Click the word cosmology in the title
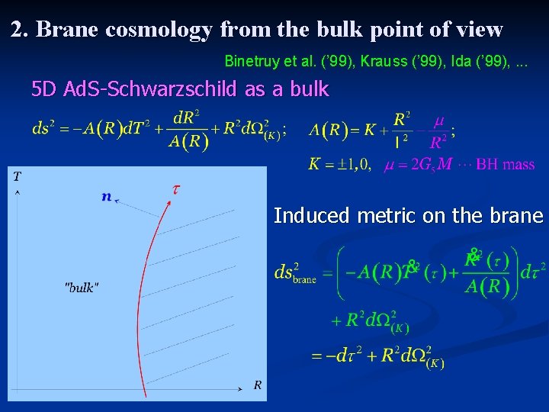click(159, 31)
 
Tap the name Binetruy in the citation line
click(251, 60)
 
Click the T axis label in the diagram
click(17, 177)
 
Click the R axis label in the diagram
click(258, 385)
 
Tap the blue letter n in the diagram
click(106, 197)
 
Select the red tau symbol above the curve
click(175, 187)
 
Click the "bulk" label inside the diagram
click(82, 288)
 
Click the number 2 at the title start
click(17, 30)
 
